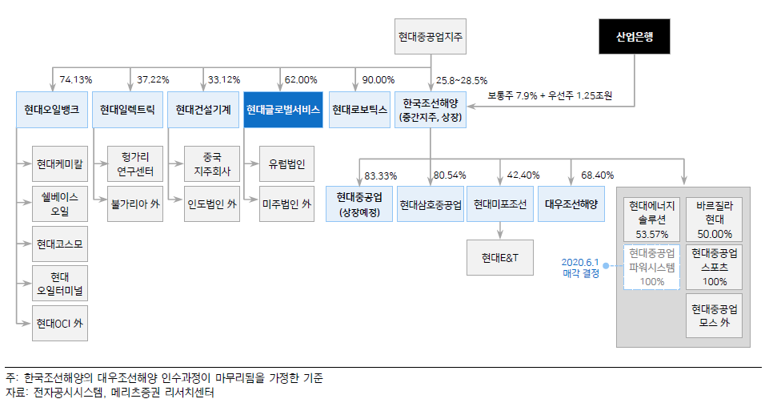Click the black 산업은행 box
point(635,37)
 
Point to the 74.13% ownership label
point(76,79)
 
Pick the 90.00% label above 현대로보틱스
point(378,79)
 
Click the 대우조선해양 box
point(571,204)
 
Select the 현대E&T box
point(500,256)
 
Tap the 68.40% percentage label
point(597,175)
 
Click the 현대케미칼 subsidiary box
point(59,164)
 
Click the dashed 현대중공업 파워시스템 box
point(652,267)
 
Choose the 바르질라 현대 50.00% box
point(715,218)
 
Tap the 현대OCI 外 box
point(59,324)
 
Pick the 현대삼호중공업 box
point(430,204)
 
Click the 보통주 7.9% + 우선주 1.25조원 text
point(550,95)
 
